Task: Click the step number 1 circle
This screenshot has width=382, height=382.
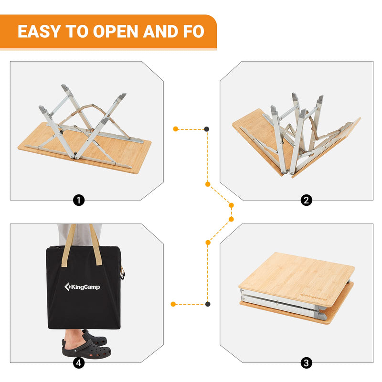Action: tap(79, 201)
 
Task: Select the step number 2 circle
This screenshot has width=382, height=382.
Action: tap(307, 201)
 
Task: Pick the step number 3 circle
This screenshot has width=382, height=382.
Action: tap(307, 363)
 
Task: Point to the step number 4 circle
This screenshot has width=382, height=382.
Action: tap(79, 363)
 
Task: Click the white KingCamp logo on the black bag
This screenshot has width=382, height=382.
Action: tap(83, 287)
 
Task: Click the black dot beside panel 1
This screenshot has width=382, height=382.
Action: tap(206, 129)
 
